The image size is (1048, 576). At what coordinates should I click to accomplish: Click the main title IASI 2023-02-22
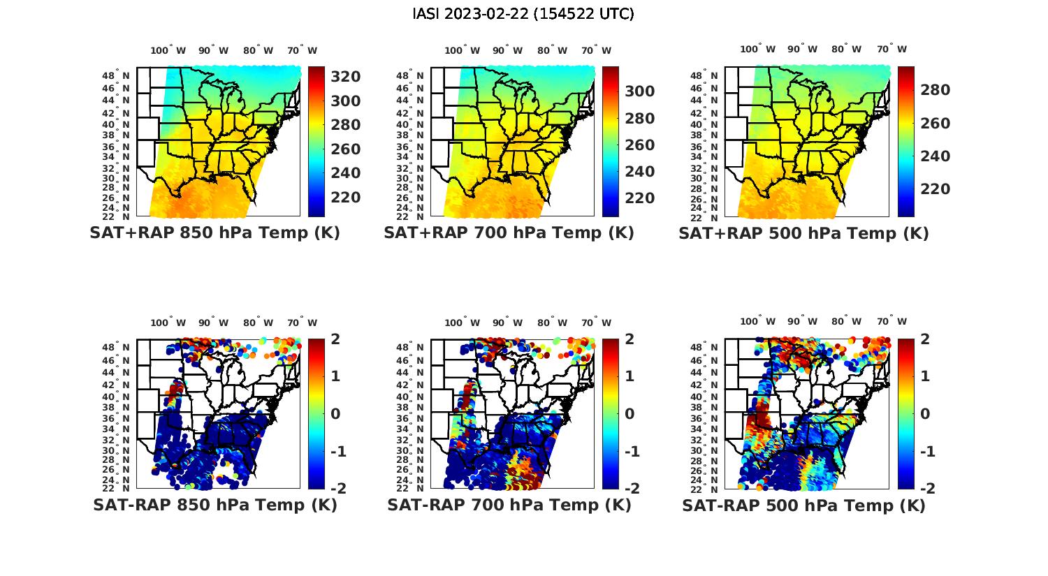coord(524,14)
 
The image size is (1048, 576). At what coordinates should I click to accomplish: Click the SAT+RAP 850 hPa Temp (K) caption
coord(214,233)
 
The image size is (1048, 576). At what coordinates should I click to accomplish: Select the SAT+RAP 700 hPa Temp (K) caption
coord(509,233)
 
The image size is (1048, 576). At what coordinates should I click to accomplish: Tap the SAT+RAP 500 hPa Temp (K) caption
coord(803,234)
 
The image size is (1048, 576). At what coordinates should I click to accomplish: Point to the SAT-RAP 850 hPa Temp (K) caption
coord(214,505)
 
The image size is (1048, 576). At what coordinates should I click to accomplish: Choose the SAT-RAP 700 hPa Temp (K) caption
coord(509,505)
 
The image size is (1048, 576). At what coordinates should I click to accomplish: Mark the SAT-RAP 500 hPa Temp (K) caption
coord(803,505)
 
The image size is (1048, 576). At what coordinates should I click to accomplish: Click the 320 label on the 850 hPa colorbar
coord(345,77)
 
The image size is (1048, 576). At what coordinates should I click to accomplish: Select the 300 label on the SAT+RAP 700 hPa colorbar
coord(639,91)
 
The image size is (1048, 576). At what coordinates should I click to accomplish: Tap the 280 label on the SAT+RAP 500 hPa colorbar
coord(935,90)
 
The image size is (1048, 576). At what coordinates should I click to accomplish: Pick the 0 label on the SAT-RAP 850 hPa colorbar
coord(335,413)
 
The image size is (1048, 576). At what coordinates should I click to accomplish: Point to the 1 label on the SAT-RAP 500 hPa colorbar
coord(924,376)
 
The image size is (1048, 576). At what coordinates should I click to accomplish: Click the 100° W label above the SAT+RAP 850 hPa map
coord(168,50)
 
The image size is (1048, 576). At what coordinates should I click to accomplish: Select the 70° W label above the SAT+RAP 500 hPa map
coord(891,49)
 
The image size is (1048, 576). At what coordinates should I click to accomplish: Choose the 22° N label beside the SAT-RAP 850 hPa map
coord(117,487)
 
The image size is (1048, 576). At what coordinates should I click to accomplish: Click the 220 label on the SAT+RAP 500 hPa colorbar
coord(935,189)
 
